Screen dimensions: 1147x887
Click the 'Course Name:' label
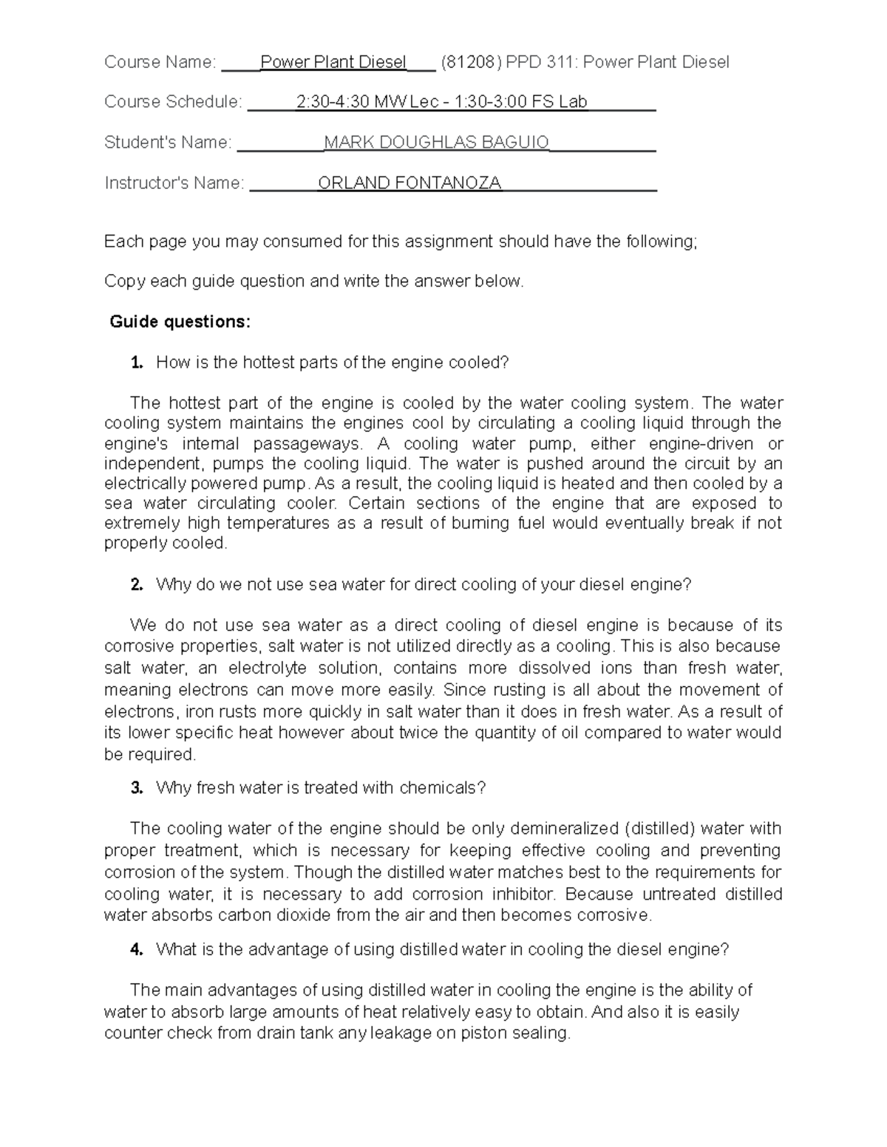point(160,62)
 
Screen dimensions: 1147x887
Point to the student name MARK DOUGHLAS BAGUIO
point(436,142)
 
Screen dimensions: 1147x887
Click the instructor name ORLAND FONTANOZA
point(409,182)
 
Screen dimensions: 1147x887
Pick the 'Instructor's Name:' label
point(174,182)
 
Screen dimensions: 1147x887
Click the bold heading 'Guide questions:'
point(180,322)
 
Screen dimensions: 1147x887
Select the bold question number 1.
point(136,363)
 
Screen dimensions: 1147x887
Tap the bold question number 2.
point(136,585)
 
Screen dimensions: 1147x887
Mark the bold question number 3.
point(136,788)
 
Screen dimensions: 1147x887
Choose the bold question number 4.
point(136,950)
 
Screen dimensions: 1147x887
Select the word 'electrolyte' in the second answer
point(266,668)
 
